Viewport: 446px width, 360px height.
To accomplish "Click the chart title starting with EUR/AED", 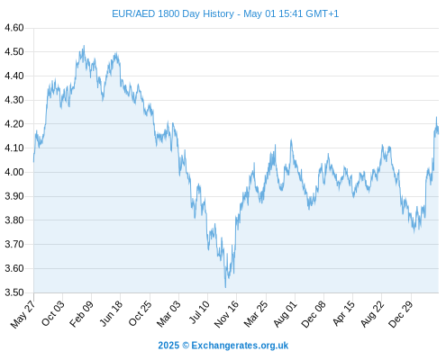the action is click(x=225, y=13).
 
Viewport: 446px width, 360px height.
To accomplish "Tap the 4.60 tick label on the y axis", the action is click(x=14, y=28).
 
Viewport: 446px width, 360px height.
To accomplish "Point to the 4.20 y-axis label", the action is click(x=14, y=124).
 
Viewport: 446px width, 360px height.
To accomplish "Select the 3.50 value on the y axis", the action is click(x=14, y=292).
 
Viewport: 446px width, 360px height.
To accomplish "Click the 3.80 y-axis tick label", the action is click(x=14, y=220).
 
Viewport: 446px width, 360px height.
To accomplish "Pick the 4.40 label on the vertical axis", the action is click(x=14, y=76).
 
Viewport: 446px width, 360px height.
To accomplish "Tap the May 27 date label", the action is click(x=23, y=314).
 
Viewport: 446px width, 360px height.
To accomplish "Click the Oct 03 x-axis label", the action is click(x=52, y=313).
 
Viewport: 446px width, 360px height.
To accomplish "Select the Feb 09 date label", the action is click(x=81, y=313).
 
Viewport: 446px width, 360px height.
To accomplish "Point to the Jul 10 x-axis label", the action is click(x=199, y=312).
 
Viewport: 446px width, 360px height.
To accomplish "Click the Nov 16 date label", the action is click(x=226, y=314).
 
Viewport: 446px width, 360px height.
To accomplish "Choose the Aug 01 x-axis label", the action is click(x=285, y=314).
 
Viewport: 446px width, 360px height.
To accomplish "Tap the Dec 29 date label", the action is click(x=400, y=314).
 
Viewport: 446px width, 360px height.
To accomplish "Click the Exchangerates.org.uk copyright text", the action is click(x=223, y=346).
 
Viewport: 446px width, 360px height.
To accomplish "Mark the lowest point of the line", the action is click(x=225, y=288).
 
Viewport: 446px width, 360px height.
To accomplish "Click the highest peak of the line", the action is click(x=84, y=46).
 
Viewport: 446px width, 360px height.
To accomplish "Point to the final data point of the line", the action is click(x=438, y=133).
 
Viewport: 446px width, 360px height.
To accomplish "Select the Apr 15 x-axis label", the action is click(x=343, y=313).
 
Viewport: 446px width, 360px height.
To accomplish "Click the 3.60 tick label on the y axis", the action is click(x=14, y=268).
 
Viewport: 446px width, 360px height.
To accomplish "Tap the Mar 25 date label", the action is click(x=256, y=313).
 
